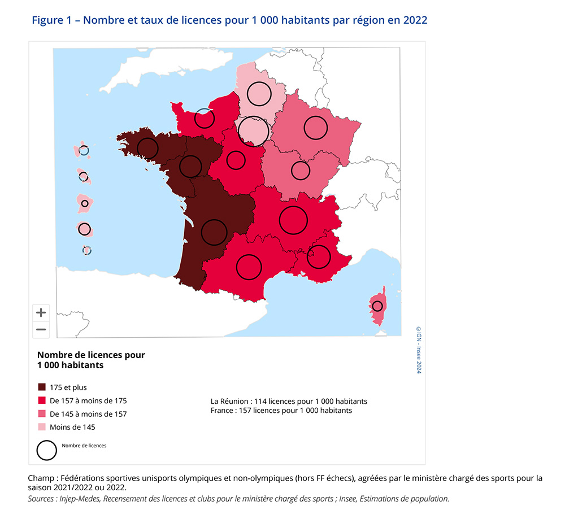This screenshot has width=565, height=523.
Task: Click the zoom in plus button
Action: (41, 312)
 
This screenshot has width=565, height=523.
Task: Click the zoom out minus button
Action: (41, 329)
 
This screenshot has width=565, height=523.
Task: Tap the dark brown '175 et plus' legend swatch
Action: (42, 387)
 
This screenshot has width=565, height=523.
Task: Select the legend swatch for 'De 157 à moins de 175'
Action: (42, 400)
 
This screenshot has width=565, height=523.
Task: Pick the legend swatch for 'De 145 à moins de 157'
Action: (42, 414)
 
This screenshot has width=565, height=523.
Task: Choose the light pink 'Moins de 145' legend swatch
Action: (42, 427)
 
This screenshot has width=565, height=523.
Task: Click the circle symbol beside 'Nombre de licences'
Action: (47, 450)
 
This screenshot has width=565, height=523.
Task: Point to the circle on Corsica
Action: (377, 306)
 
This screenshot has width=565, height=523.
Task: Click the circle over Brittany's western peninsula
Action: (147, 148)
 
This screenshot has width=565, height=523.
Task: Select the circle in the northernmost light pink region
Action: (259, 94)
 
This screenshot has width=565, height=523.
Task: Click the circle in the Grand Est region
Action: (316, 128)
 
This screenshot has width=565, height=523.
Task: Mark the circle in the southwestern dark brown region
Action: (214, 232)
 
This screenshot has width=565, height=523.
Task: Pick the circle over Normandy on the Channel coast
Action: (205, 119)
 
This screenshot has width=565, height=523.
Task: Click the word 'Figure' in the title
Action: (46, 20)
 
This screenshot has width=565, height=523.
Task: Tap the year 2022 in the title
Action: (415, 20)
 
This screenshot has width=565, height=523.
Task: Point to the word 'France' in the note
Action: (221, 411)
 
